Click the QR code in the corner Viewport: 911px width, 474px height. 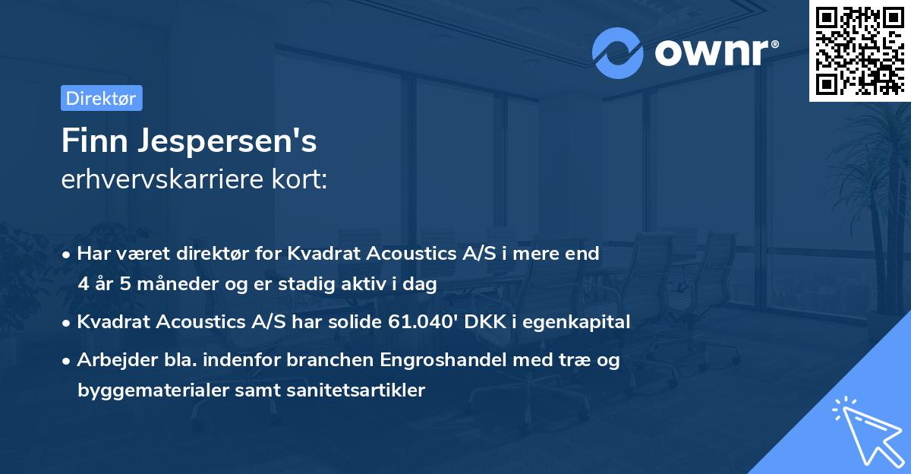859,51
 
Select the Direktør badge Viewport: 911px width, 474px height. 101,98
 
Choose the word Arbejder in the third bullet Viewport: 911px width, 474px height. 110,360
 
